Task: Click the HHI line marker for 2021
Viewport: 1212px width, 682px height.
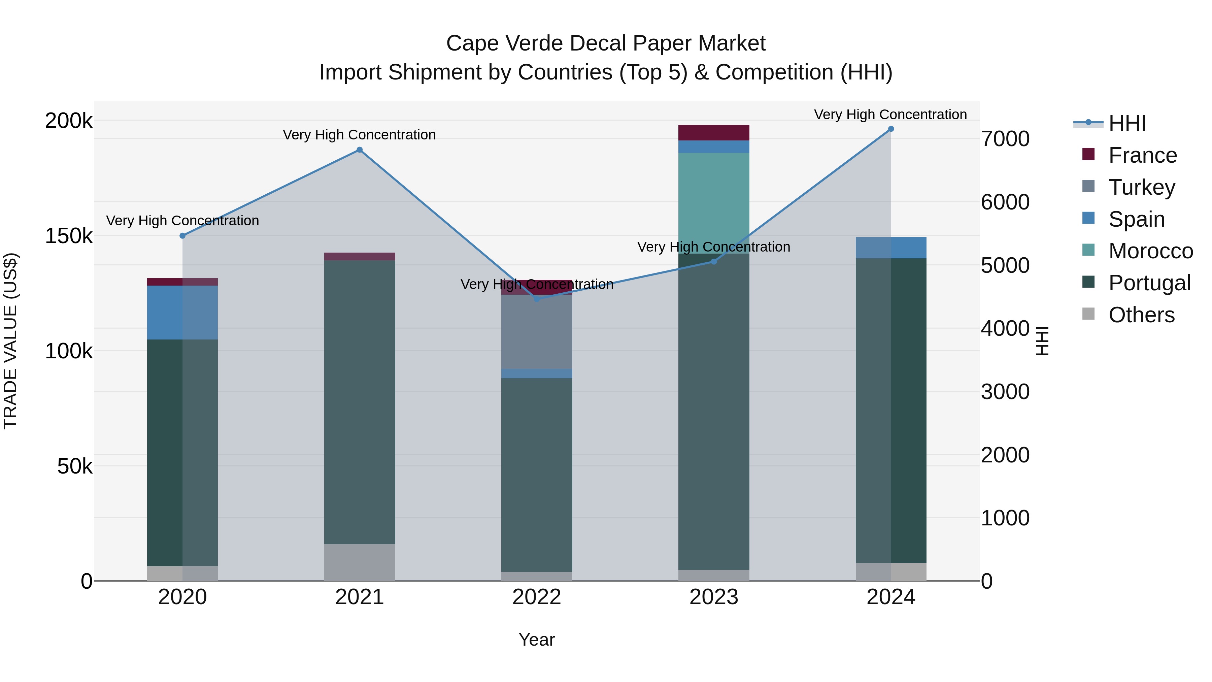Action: [x=360, y=150]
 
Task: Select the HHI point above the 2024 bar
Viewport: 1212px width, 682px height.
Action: [x=890, y=129]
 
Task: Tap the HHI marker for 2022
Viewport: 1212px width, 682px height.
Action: [x=537, y=299]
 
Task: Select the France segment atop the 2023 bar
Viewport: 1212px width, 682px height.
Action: [x=713, y=133]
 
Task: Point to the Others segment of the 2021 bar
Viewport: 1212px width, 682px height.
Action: [x=360, y=562]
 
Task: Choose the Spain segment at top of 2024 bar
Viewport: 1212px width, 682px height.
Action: [x=890, y=248]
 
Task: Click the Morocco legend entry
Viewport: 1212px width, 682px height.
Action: [x=1150, y=251]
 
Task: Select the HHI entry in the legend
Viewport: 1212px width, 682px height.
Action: [x=1127, y=123]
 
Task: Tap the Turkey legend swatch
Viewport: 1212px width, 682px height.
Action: [x=1088, y=186]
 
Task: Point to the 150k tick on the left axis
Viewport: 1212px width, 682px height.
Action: [x=69, y=236]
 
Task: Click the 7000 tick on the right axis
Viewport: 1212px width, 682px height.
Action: [x=1005, y=139]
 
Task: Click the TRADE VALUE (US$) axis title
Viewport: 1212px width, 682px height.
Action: [x=10, y=341]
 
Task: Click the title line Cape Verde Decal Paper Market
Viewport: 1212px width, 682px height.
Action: [x=606, y=43]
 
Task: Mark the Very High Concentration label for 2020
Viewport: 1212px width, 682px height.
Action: [x=182, y=220]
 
